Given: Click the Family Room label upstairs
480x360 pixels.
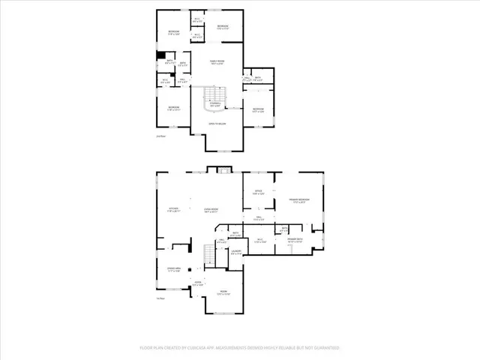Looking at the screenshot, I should click(217, 63).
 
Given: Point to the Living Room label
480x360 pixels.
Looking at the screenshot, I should click(210, 209).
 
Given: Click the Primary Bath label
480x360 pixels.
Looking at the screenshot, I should click(294, 240).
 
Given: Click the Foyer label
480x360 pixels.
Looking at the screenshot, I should click(198, 284).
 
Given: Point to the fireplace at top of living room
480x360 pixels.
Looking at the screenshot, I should click(223, 172).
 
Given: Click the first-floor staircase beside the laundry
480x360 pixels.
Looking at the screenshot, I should click(210, 255).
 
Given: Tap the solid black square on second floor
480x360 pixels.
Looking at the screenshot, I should click(160, 54).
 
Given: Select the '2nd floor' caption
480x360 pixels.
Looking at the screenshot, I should click(160, 136).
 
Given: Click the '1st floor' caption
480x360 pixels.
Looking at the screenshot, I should click(160, 299).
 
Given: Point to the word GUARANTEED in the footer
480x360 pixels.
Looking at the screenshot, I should click(324, 348).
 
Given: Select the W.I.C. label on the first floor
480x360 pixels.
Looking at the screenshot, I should click(260, 241).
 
